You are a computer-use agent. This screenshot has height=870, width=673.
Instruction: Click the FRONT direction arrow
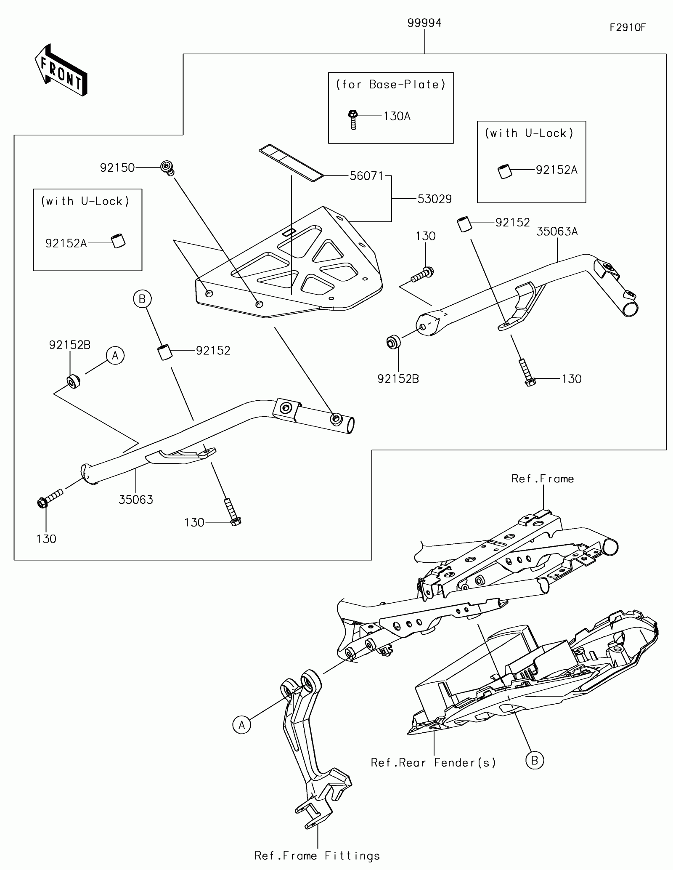pyautogui.click(x=61, y=70)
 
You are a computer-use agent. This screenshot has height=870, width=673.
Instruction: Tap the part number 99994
pyautogui.click(x=424, y=23)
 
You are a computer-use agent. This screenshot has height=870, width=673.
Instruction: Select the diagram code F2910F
pyautogui.click(x=628, y=28)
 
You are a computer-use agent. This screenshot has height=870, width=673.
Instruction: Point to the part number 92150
pyautogui.click(x=117, y=168)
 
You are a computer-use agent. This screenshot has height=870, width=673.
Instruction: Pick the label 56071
pyautogui.click(x=367, y=176)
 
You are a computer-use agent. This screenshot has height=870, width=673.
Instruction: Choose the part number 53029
pyautogui.click(x=435, y=199)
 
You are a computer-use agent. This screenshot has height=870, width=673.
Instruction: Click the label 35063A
pyautogui.click(x=557, y=231)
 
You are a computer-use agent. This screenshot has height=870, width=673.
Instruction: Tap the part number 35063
pyautogui.click(x=136, y=500)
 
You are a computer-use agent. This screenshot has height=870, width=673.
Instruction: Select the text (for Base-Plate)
pyautogui.click(x=391, y=85)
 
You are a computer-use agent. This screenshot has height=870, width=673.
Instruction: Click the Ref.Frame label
pyautogui.click(x=543, y=479)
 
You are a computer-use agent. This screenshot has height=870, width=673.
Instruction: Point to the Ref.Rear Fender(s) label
pyautogui.click(x=433, y=763)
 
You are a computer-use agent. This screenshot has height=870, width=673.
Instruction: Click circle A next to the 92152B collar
pyautogui.click(x=115, y=356)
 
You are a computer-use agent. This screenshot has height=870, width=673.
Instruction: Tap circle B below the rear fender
pyautogui.click(x=535, y=760)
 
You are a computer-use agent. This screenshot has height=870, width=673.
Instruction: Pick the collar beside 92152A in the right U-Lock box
pyautogui.click(x=504, y=172)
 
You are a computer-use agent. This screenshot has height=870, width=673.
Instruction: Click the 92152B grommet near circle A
pyautogui.click(x=74, y=380)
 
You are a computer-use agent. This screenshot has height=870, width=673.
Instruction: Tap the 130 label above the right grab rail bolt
pyautogui.click(x=425, y=236)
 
